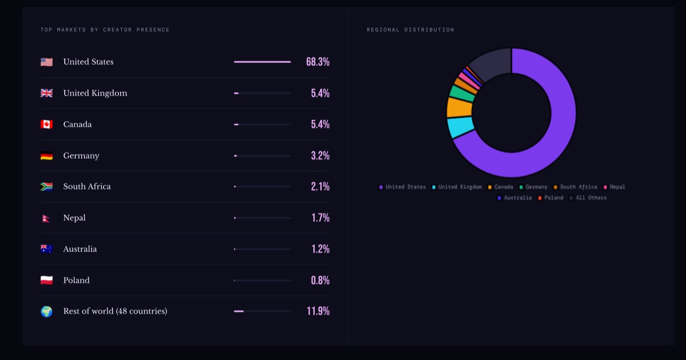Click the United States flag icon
point(46,62)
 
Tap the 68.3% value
point(317,62)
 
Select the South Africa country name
point(87,186)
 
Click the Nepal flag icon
point(46,218)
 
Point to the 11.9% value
point(318,311)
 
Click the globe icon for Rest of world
point(46,311)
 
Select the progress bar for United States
point(262,62)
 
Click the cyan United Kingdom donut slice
point(460,127)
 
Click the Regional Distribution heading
point(410,30)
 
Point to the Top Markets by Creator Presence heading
point(105,30)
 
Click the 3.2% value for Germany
point(320,155)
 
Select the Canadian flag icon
point(46,124)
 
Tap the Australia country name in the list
point(79,249)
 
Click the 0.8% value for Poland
point(320,280)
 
